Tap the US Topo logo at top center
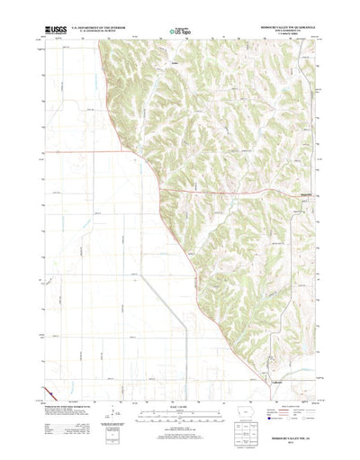pos(176,32)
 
